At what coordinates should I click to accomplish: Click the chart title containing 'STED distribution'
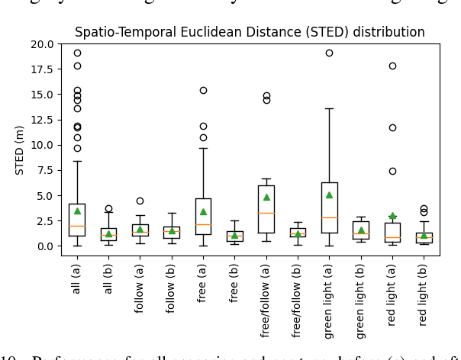(x=250, y=33)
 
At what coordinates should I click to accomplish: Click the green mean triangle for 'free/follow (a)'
(x=266, y=197)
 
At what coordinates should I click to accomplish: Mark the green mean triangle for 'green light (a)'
(x=329, y=194)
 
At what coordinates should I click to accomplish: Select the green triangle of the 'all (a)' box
(x=77, y=211)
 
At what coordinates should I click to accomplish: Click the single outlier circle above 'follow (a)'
(x=140, y=201)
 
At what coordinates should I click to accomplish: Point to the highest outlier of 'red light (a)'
(x=392, y=66)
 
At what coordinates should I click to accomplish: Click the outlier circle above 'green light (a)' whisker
(x=329, y=53)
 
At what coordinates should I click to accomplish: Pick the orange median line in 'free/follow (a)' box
(x=266, y=213)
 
